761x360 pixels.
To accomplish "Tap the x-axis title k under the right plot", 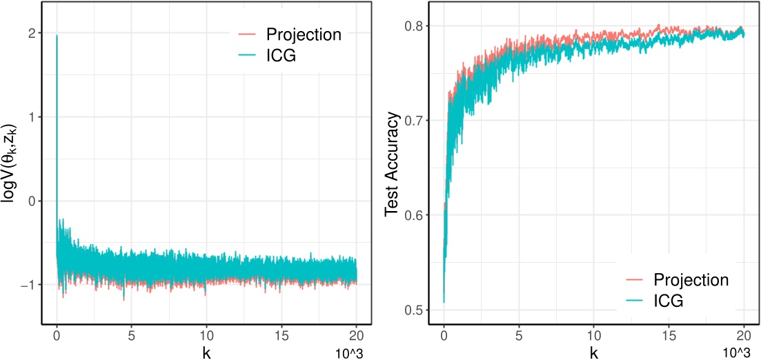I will (594, 351).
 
